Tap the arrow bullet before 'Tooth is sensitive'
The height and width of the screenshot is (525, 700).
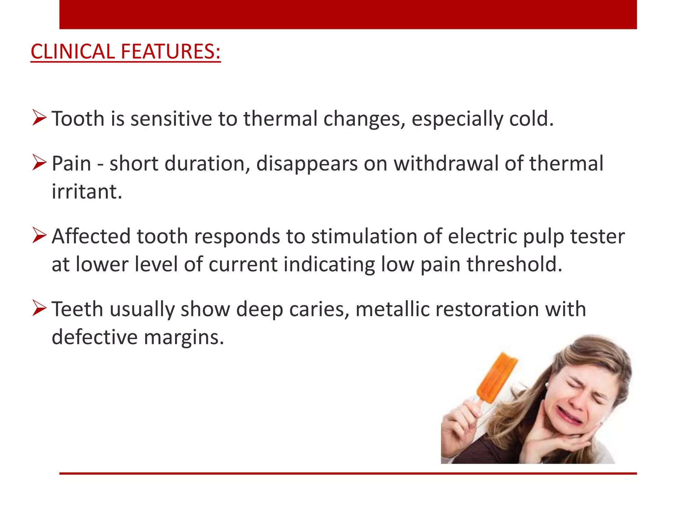point(39,118)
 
